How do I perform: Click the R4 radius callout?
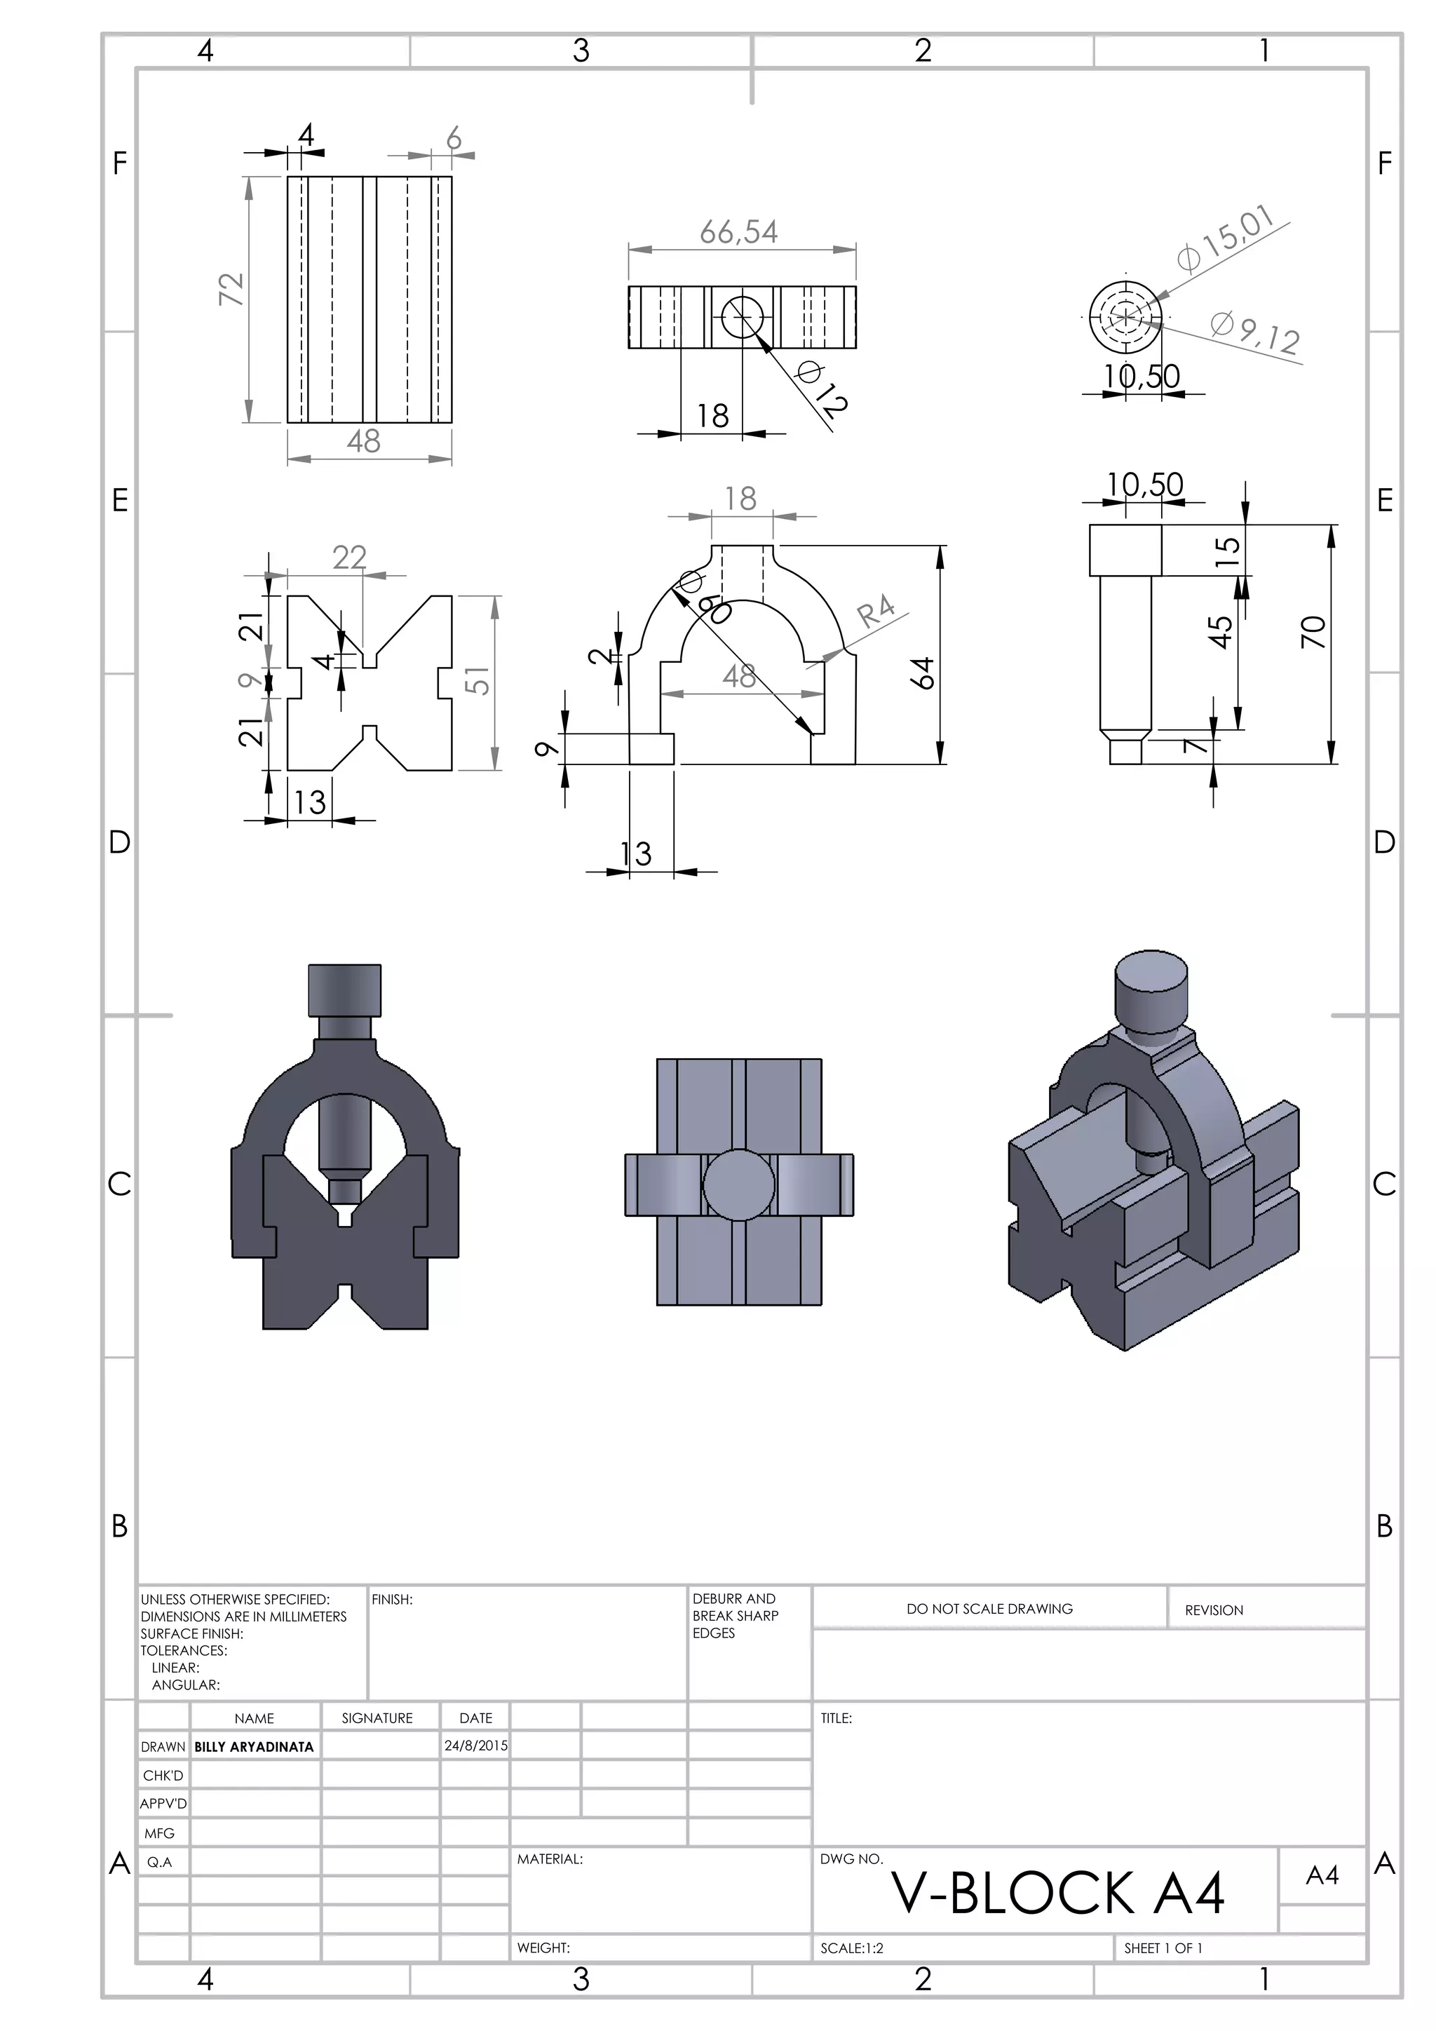click(x=876, y=612)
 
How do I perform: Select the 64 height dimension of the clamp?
click(x=924, y=673)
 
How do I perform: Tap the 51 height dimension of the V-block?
click(x=477, y=681)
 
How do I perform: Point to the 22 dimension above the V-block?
click(x=349, y=558)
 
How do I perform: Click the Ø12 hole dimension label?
click(x=822, y=389)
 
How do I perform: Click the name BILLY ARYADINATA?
click(x=254, y=1747)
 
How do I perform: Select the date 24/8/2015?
click(x=475, y=1746)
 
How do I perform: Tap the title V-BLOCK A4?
click(x=1057, y=1894)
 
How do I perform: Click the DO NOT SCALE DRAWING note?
click(x=989, y=1609)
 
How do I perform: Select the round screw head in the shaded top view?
click(x=738, y=1185)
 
